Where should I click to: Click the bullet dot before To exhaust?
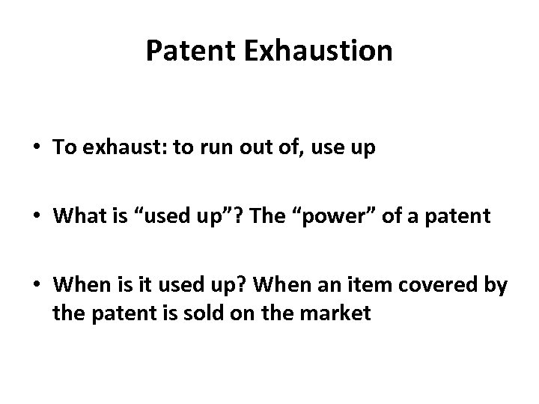(37, 147)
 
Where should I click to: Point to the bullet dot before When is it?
(37, 286)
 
